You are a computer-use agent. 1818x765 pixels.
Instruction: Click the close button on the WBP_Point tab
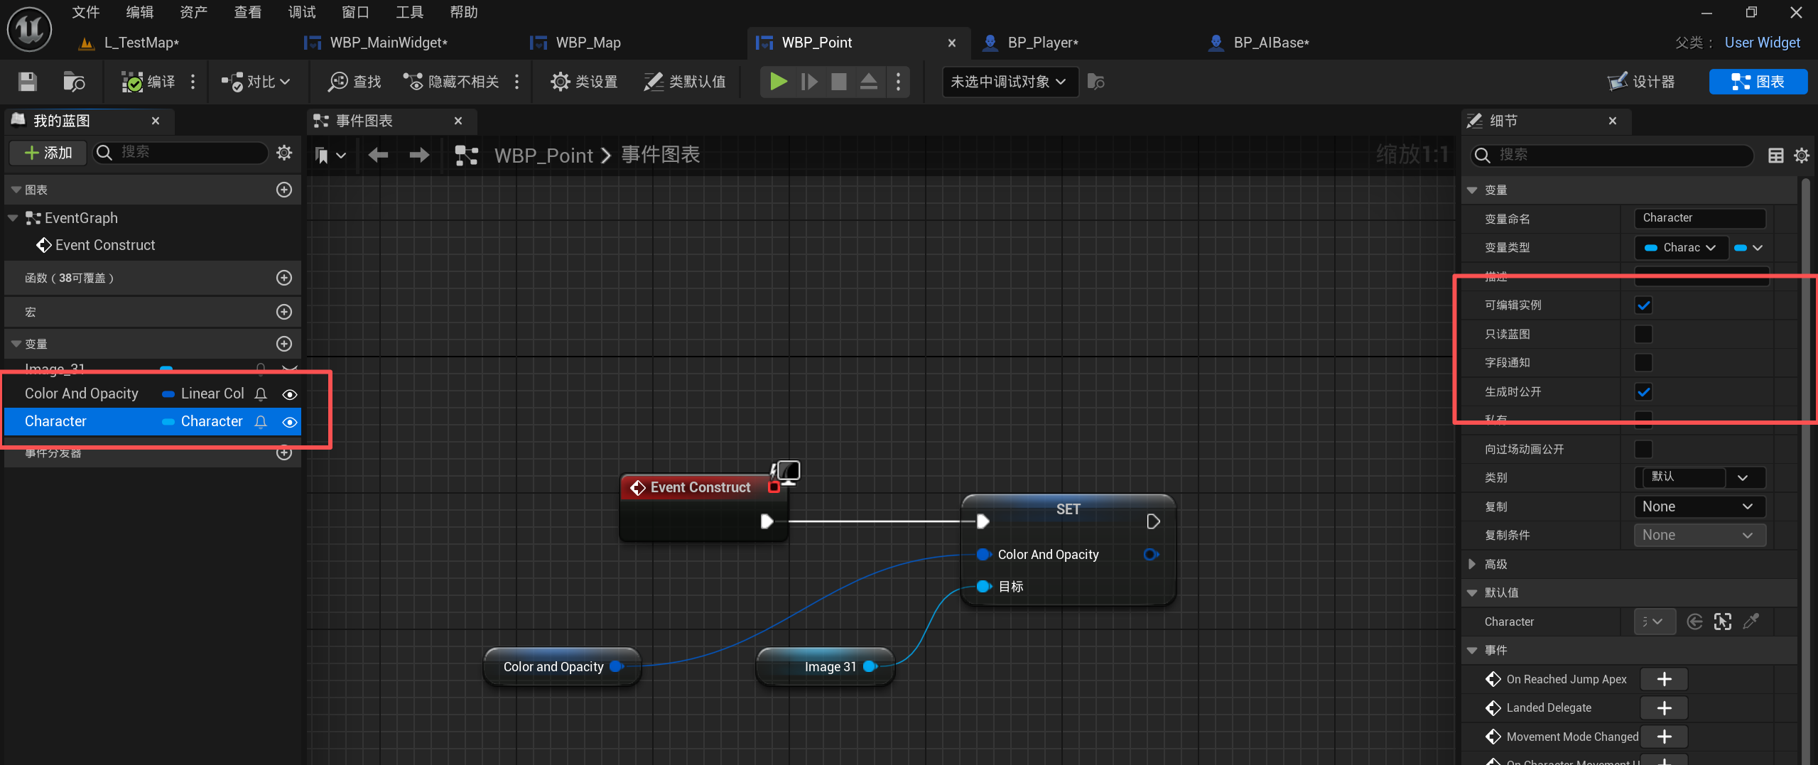pyautogui.click(x=951, y=43)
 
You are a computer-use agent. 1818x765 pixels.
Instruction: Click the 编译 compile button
pyautogui.click(x=149, y=82)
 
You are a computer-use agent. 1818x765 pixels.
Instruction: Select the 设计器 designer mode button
pyautogui.click(x=1642, y=82)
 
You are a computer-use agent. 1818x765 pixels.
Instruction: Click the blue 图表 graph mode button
pyautogui.click(x=1758, y=82)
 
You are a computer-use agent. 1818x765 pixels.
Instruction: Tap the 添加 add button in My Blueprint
pyautogui.click(x=48, y=153)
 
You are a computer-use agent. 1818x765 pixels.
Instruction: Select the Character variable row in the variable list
pyautogui.click(x=55, y=421)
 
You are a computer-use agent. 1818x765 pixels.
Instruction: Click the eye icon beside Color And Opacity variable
pyautogui.click(x=289, y=394)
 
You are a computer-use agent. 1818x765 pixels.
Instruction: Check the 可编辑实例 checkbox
pyautogui.click(x=1643, y=305)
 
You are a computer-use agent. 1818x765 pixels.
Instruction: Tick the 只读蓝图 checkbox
pyautogui.click(x=1643, y=334)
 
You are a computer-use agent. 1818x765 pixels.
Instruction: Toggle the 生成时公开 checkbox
pyautogui.click(x=1643, y=391)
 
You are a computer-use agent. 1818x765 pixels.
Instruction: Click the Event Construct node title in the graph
pyautogui.click(x=700, y=487)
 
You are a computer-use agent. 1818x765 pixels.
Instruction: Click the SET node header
pyautogui.click(x=1067, y=509)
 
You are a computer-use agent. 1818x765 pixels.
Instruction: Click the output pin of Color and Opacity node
pyautogui.click(x=616, y=666)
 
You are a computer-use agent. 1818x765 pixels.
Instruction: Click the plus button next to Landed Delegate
pyautogui.click(x=1664, y=708)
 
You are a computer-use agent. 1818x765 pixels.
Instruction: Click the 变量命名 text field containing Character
pyautogui.click(x=1699, y=218)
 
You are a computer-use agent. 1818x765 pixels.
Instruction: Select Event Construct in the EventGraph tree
pyautogui.click(x=104, y=245)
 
